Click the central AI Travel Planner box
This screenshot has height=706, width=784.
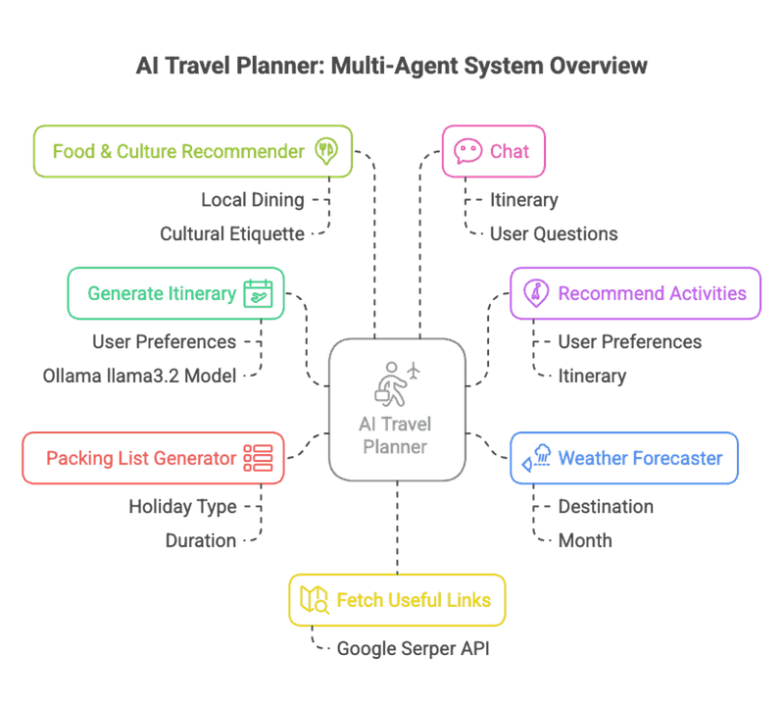point(397,409)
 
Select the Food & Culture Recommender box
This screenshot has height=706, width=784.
point(193,151)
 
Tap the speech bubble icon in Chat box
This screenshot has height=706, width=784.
point(467,151)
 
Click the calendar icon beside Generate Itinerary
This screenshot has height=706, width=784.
point(258,293)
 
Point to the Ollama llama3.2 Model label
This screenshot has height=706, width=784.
point(139,376)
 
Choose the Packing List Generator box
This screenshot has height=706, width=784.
point(153,458)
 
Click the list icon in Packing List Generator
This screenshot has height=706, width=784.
point(258,458)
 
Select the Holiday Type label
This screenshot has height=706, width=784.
point(182,507)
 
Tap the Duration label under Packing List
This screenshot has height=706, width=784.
point(201,541)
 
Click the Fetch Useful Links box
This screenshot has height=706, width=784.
point(397,600)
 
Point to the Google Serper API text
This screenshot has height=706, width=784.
point(413,648)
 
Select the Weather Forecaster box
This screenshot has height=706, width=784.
point(624,458)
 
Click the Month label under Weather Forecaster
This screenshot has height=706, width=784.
point(585,541)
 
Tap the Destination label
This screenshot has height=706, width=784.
point(606,507)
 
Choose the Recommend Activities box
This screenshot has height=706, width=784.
point(635,293)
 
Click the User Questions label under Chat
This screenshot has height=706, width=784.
point(554,234)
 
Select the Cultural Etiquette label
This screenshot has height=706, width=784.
point(232,234)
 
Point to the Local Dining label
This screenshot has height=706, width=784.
point(253,200)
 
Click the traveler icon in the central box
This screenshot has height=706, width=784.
point(397,383)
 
